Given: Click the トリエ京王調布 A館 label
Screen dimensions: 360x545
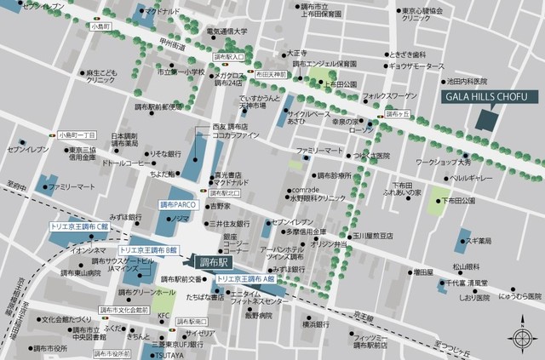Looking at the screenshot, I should pyautogui.click(x=246, y=278).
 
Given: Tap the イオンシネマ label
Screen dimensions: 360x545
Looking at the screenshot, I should pyautogui.click(x=88, y=251).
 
